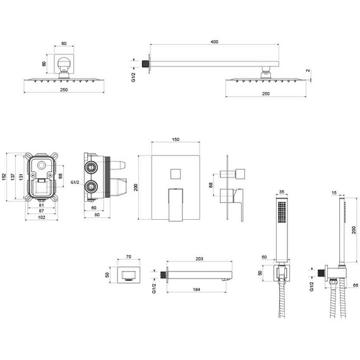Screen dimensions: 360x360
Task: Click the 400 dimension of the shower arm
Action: [214, 42]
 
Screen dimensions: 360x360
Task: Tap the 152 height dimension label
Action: [4, 177]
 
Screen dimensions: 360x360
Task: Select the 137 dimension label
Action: [13, 177]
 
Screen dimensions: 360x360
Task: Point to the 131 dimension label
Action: [21, 177]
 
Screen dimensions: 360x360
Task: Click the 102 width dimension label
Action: [41, 217]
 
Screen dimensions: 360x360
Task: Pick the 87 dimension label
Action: [41, 211]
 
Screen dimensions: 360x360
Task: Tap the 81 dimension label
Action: [41, 205]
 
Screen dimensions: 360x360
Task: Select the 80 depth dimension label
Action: [97, 215]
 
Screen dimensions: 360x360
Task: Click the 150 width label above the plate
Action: [176, 140]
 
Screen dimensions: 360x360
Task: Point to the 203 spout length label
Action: [200, 259]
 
